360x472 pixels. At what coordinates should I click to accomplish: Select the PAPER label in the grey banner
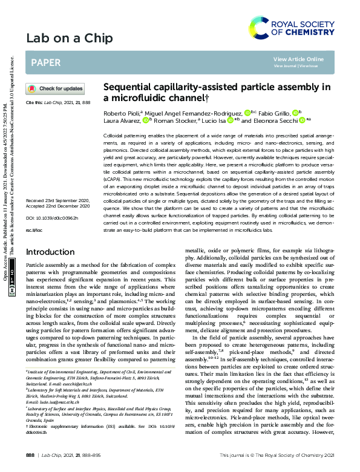tap(45, 62)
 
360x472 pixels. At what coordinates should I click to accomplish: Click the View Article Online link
tap(299, 59)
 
